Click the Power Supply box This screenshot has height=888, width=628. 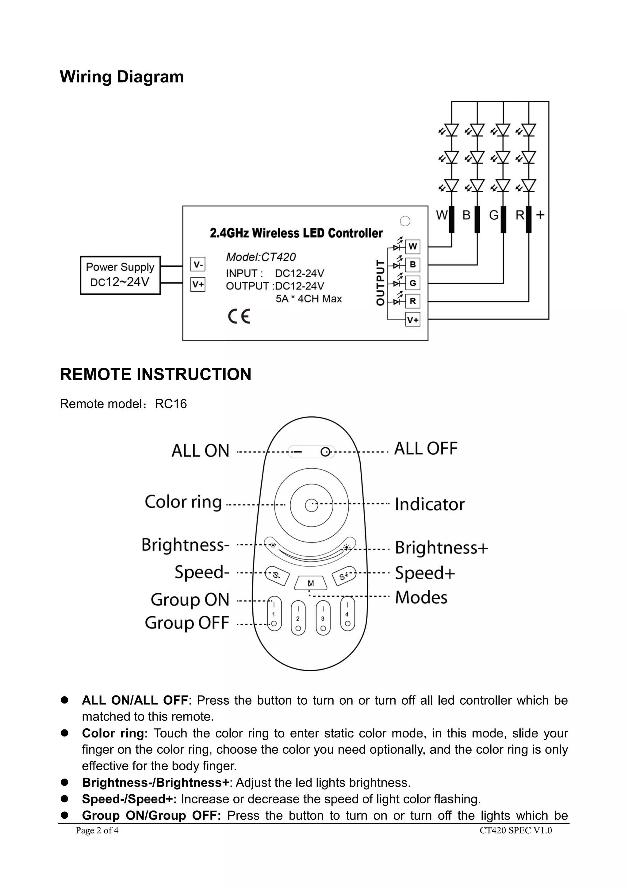pyautogui.click(x=120, y=275)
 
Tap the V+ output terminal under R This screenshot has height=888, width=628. pyautogui.click(x=413, y=320)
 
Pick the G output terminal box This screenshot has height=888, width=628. pyautogui.click(x=413, y=283)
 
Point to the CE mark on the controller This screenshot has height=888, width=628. pyautogui.click(x=239, y=316)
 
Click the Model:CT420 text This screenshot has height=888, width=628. pyautogui.click(x=261, y=257)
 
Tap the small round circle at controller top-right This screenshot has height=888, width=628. pyautogui.click(x=405, y=221)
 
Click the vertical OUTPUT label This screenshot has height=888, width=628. pyautogui.click(x=381, y=283)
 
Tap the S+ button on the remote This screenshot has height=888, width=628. pyautogui.click(x=344, y=576)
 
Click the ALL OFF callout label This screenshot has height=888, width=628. pyautogui.click(x=425, y=449)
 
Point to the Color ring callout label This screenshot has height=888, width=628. pyautogui.click(x=183, y=502)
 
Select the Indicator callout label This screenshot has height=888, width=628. pyautogui.click(x=429, y=504)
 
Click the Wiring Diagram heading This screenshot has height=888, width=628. pyautogui.click(x=122, y=77)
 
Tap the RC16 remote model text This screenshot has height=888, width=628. pyautogui.click(x=171, y=404)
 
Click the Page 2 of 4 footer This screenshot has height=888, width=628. pyautogui.click(x=97, y=830)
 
